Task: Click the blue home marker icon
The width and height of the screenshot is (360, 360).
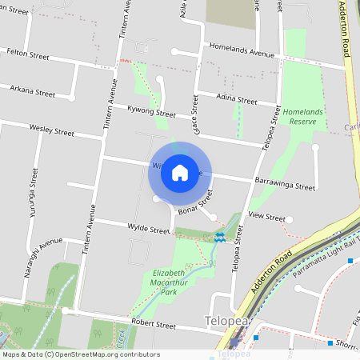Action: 180,172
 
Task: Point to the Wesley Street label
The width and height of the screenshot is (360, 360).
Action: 51,130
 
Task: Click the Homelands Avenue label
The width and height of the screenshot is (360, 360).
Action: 242,50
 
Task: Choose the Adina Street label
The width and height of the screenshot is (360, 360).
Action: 237,102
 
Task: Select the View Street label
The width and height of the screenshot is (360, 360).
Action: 266,217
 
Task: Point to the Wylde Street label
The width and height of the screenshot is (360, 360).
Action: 149,230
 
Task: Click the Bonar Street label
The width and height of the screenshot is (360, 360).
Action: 196,201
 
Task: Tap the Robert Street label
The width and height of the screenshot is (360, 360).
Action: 154,326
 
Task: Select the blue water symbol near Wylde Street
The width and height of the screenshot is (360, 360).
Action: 219,237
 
